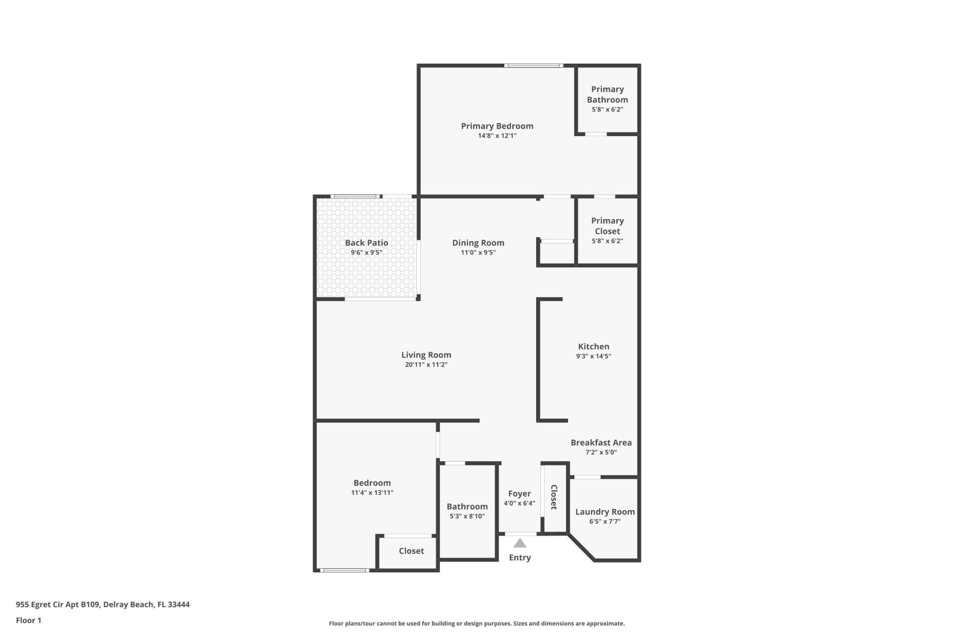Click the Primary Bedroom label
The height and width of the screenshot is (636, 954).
(x=497, y=126)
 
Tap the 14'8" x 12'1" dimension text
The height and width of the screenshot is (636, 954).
(x=497, y=136)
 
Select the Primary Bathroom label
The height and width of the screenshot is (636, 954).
(x=607, y=94)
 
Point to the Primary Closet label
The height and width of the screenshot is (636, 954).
(x=607, y=226)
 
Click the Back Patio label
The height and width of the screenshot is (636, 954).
(x=366, y=243)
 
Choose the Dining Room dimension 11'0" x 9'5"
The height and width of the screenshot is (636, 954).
(x=478, y=252)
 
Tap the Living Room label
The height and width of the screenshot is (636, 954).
(x=426, y=355)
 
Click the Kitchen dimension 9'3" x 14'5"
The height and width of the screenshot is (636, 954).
(x=593, y=356)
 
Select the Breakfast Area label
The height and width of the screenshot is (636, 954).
(x=601, y=443)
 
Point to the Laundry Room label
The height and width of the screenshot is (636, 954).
(x=605, y=512)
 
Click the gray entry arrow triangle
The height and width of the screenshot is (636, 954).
(x=520, y=543)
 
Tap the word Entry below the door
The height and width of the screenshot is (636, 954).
(x=520, y=557)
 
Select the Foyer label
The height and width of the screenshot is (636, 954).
(x=519, y=493)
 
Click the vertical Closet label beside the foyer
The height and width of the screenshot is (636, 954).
(x=554, y=497)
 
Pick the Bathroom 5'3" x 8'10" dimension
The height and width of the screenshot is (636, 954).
(x=467, y=516)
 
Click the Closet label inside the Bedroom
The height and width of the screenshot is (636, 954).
(x=411, y=551)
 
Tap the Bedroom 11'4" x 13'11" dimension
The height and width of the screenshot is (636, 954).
(x=372, y=493)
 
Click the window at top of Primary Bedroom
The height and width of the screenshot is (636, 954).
(x=534, y=66)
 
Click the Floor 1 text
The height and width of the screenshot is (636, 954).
(x=28, y=620)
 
